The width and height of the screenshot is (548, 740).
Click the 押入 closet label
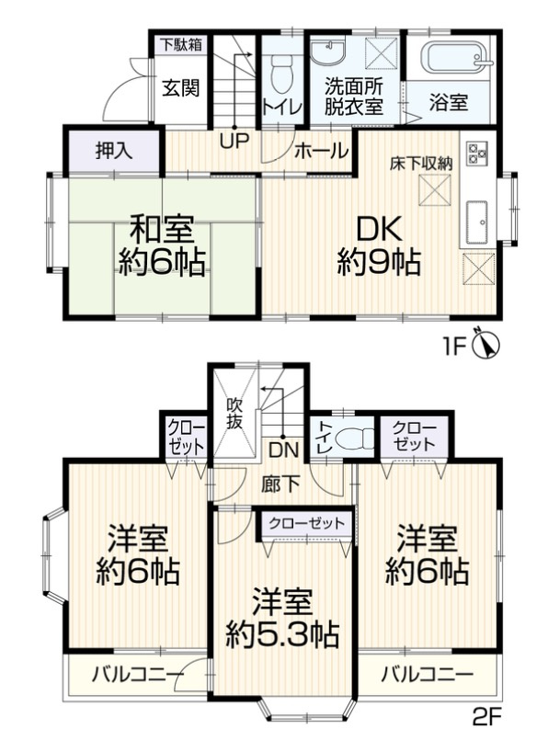[113, 152]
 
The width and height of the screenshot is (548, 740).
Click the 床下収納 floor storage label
[420, 164]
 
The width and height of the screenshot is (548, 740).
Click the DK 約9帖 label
[378, 244]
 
